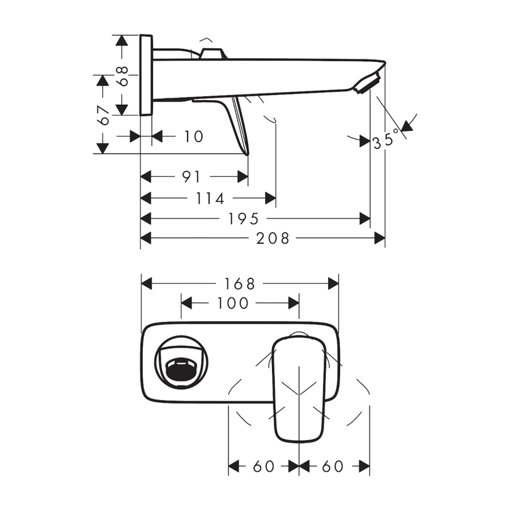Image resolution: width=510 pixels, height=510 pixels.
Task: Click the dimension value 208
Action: [x=273, y=239]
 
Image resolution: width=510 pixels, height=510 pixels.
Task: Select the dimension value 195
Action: [x=243, y=219]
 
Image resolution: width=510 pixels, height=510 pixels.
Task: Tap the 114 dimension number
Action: [x=210, y=198]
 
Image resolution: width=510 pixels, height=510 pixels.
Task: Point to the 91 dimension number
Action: [x=192, y=177]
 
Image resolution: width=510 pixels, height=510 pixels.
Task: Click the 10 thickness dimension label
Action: [x=194, y=136]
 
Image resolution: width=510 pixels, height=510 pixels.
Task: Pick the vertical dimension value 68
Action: [x=122, y=76]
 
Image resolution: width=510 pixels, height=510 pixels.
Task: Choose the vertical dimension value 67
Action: [x=103, y=116]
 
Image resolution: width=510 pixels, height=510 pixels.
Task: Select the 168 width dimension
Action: [x=240, y=284]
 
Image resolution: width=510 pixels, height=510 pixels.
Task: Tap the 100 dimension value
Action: [x=232, y=304]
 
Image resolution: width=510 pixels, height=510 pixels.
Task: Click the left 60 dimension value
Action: [x=263, y=466]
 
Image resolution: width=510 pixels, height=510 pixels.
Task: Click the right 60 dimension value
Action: [x=333, y=466]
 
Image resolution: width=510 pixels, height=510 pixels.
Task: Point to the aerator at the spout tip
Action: [x=368, y=84]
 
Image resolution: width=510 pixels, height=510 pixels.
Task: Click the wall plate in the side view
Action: [x=146, y=75]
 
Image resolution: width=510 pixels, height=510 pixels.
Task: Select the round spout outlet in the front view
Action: [x=181, y=362]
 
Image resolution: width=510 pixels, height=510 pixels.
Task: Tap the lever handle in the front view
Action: [x=299, y=389]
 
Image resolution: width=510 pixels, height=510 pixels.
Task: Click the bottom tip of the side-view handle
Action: [x=247, y=155]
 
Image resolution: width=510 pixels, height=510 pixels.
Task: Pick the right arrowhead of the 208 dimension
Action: [x=380, y=239]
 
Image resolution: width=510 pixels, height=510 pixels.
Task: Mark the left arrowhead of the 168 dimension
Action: [x=147, y=284]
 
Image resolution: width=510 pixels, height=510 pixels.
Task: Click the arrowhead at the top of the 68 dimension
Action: [x=122, y=40]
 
